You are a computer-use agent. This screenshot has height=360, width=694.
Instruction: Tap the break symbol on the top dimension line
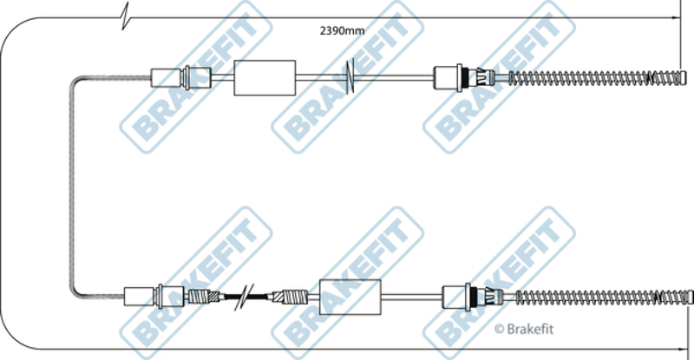click(127, 14)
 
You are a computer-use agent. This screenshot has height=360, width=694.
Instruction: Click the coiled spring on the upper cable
click(599, 77)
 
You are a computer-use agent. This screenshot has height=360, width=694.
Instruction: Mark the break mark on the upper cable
click(350, 77)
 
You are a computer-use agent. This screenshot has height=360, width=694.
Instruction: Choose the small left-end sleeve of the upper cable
click(165, 77)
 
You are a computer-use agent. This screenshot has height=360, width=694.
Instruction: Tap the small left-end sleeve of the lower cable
click(139, 297)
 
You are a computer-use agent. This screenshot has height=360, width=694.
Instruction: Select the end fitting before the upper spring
click(449, 77)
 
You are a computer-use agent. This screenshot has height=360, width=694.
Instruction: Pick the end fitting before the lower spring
click(458, 297)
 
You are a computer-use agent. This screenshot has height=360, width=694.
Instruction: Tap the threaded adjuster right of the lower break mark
click(288, 297)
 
